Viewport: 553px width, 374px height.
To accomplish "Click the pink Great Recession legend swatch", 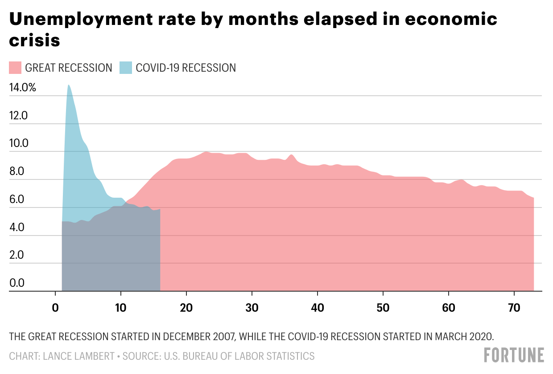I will click(x=15, y=68).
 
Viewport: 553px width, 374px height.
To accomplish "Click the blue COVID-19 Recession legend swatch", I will click(x=126, y=68).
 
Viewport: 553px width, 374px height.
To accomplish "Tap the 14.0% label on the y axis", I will click(x=22, y=88).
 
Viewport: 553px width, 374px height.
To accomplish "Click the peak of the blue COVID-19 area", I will click(x=69, y=85).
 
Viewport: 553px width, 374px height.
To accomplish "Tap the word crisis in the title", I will click(x=35, y=40).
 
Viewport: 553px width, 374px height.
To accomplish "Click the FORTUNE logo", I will click(x=514, y=355).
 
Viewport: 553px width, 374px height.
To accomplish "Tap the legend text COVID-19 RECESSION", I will click(x=186, y=68).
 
